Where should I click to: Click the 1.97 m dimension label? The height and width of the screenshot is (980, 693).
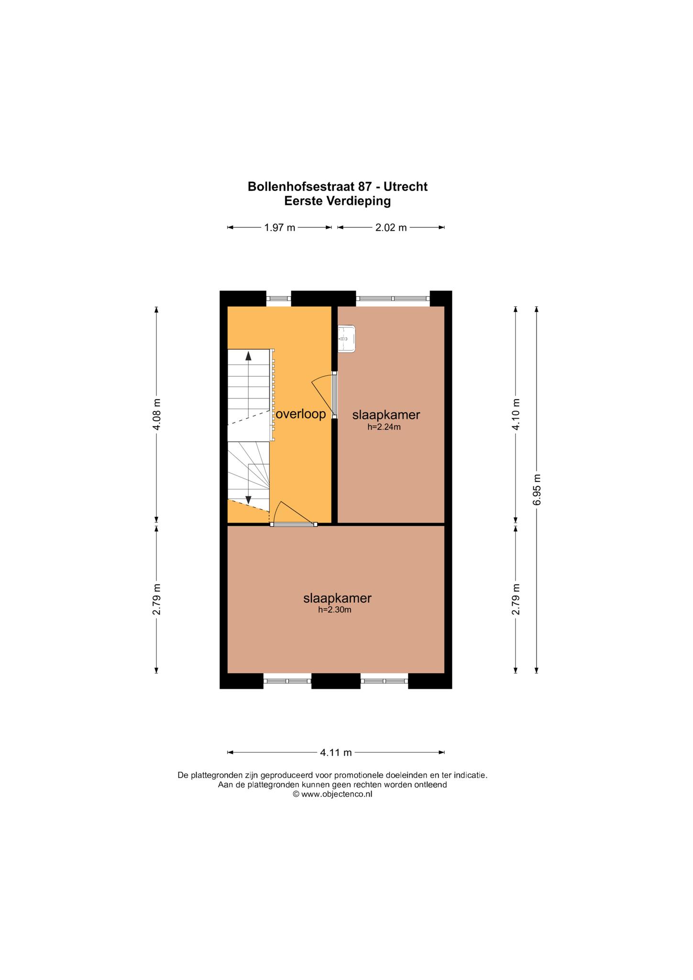[x=280, y=228]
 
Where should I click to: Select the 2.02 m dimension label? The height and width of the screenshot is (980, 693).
[x=391, y=228]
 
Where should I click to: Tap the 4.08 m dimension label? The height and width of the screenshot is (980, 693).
[x=156, y=414]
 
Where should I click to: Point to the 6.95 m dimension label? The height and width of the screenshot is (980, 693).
[x=537, y=490]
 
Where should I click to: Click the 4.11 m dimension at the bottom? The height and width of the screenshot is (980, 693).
[x=336, y=752]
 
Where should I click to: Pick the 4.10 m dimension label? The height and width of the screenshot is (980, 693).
[x=516, y=414]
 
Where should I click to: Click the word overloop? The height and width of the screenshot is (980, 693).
[x=301, y=414]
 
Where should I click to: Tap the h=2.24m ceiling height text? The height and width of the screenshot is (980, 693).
[x=384, y=427]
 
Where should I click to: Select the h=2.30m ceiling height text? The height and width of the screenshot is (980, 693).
[x=335, y=610]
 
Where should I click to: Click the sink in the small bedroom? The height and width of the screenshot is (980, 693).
[x=346, y=339]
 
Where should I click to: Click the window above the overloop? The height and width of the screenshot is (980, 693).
[x=278, y=299]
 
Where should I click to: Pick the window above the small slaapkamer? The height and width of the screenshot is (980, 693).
[x=393, y=299]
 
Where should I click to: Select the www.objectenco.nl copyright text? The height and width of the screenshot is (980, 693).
[x=332, y=794]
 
